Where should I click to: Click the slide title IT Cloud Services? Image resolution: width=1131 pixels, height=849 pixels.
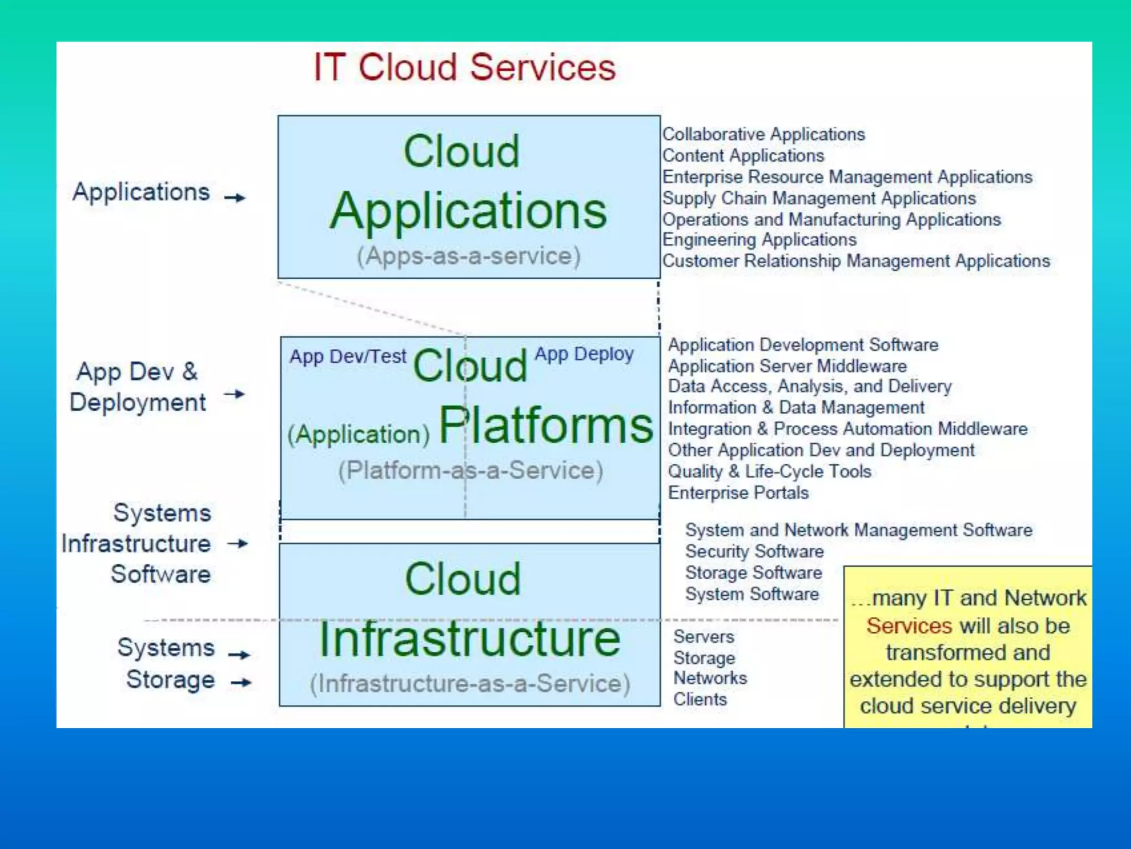click(x=464, y=67)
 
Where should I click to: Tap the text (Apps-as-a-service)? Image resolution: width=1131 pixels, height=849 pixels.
click(x=469, y=256)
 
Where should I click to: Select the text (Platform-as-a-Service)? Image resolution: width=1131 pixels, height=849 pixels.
click(x=471, y=471)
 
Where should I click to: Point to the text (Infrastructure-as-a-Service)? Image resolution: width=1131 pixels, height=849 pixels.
click(x=470, y=684)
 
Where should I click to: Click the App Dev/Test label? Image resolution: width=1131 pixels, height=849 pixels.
click(x=348, y=357)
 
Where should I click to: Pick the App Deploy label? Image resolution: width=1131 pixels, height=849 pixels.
click(x=584, y=354)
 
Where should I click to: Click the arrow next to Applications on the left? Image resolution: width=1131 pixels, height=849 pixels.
click(x=235, y=197)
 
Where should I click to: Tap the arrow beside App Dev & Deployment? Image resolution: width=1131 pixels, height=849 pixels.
click(x=235, y=394)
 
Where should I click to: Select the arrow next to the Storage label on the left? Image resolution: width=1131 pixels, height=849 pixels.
click(x=241, y=683)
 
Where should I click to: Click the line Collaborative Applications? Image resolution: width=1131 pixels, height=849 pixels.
click(x=763, y=134)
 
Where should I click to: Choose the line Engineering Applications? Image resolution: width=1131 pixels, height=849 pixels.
click(x=759, y=240)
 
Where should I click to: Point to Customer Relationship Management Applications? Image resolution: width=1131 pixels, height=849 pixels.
click(x=856, y=261)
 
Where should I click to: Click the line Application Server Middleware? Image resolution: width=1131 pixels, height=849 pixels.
click(x=788, y=366)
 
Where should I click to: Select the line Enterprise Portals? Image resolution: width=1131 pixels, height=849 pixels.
click(x=738, y=492)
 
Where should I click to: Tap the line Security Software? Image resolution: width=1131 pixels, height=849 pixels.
click(x=754, y=551)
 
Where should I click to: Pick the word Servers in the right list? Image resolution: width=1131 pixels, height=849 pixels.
click(x=704, y=637)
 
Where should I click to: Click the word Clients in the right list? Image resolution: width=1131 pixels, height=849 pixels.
click(x=700, y=699)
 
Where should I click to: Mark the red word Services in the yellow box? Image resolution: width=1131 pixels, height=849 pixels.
click(x=909, y=626)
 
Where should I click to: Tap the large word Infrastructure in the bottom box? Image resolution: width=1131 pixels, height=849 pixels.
click(x=470, y=639)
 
